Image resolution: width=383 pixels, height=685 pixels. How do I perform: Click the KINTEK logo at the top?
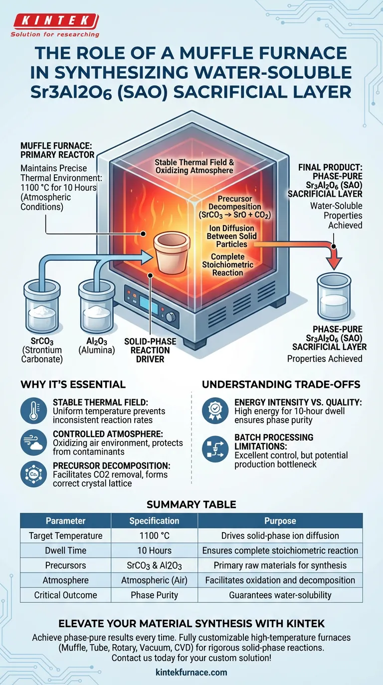coord(54,21)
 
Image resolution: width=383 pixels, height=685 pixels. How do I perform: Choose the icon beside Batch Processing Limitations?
coord(215,449)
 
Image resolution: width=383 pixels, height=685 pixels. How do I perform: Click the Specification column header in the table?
coord(154,521)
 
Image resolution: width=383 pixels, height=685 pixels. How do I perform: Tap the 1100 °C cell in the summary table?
coord(154,536)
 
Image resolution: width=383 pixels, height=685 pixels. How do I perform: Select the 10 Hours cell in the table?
coord(154,551)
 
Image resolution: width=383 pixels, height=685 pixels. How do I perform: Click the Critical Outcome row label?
coord(65,595)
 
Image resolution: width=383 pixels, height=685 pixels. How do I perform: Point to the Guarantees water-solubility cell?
coord(280,595)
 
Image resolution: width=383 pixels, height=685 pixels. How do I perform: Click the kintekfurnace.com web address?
coord(191,672)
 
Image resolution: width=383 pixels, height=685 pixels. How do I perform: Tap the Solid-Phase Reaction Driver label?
coord(150,350)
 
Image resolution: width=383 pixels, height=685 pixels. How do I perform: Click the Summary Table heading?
coord(191,504)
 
